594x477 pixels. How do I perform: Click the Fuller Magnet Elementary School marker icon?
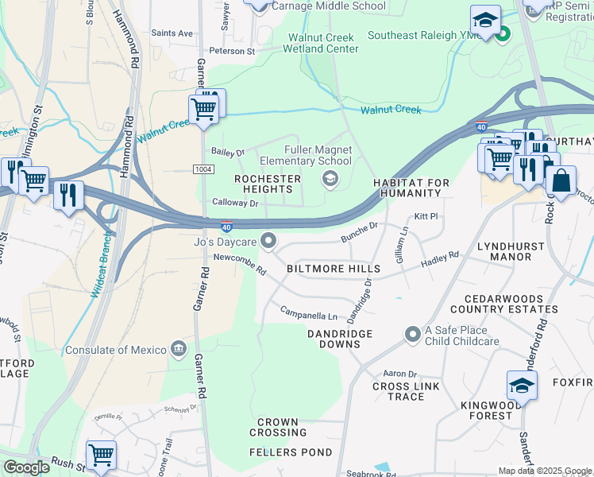coord(330,180)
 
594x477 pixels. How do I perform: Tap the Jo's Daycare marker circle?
coord(270,239)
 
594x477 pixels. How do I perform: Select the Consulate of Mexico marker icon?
coord(179,349)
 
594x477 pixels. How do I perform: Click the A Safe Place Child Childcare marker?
coord(411,334)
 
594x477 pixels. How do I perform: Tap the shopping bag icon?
coord(561,180)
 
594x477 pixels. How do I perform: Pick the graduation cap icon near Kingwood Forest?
coord(522,386)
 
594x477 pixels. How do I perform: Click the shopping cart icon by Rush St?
coord(101,456)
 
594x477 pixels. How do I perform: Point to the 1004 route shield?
coord(202,169)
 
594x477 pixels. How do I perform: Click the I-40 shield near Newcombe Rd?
coord(226,227)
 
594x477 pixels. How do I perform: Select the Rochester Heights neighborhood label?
coord(268,184)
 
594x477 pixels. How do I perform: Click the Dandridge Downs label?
coord(334,339)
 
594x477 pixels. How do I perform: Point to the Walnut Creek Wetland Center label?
coord(322,43)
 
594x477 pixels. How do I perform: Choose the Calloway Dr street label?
coord(236,204)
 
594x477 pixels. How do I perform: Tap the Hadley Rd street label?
coord(440,259)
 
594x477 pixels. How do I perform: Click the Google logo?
coord(26,467)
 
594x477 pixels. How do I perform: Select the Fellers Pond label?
coord(280,452)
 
